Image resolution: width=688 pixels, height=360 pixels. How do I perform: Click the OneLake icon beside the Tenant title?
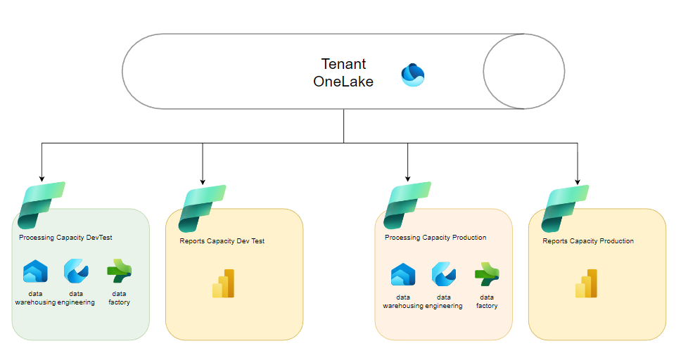tap(413, 75)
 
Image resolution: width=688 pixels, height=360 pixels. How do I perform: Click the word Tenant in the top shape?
tap(344, 64)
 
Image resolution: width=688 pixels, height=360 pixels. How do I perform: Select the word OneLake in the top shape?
tap(343, 82)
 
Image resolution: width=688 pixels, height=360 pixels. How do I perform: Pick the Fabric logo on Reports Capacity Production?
tap(565, 209)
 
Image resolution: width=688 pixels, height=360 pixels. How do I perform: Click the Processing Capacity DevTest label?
tap(65, 238)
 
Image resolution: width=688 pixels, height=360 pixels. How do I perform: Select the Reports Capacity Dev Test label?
tap(222, 241)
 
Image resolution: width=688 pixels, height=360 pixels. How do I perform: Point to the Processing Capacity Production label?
tap(435, 238)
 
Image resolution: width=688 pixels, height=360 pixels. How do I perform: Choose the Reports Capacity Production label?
tap(588, 241)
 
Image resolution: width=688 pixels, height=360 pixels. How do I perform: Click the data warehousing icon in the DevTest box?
tap(35, 271)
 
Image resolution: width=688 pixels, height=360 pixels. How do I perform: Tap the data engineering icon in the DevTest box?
tap(75, 271)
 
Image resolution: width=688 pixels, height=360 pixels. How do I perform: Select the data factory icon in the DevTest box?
tap(119, 271)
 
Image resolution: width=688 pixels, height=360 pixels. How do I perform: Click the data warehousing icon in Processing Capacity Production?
tap(403, 274)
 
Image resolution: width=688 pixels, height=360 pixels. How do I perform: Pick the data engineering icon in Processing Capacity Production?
tap(444, 274)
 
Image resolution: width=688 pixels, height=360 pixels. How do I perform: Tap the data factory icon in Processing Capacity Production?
tap(487, 274)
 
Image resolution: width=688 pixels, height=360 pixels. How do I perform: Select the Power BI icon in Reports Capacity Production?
tap(587, 283)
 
